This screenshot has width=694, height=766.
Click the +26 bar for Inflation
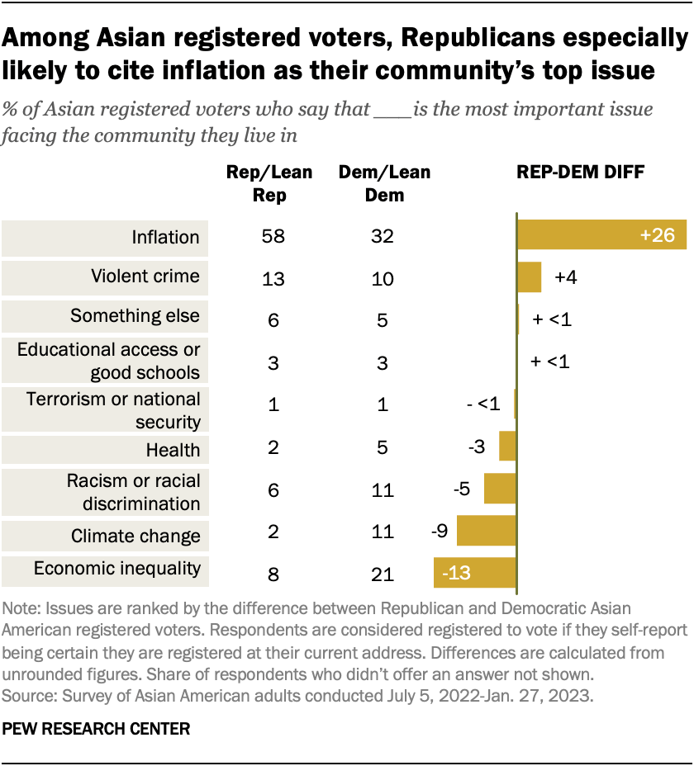tap(601, 236)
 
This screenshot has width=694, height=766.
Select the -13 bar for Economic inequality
tap(475, 572)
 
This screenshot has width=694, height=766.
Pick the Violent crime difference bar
tap(529, 277)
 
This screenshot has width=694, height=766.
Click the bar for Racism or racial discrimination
tap(500, 489)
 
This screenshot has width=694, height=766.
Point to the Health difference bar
tap(507, 447)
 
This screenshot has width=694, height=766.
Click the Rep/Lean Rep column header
tap(269, 183)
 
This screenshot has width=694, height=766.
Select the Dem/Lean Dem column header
tap(385, 183)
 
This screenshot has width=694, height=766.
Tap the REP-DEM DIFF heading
tap(581, 173)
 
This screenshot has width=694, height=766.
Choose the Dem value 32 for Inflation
tap(383, 237)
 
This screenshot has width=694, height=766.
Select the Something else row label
tap(135, 315)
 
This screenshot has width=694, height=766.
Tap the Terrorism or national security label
tap(113, 410)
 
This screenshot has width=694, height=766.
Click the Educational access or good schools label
tap(109, 361)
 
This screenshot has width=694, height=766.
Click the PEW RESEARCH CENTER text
tap(97, 729)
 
